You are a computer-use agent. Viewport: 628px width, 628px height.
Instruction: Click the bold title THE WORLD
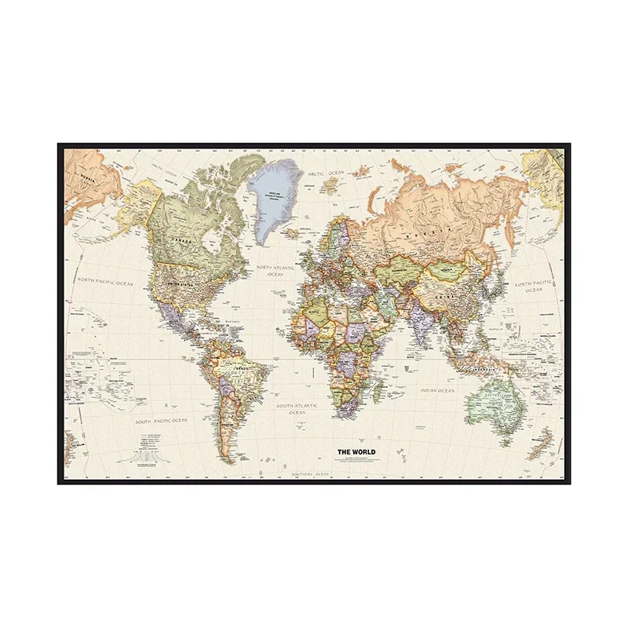point(356,451)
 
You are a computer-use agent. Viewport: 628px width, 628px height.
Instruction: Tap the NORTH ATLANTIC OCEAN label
point(274,271)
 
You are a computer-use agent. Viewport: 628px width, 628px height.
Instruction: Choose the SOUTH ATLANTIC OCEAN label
point(297,408)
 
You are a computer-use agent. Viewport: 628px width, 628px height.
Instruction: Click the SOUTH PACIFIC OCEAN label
point(161,422)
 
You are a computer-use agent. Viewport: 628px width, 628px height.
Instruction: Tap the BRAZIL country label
point(235,369)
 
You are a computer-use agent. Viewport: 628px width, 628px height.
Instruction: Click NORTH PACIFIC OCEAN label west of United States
point(106,282)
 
